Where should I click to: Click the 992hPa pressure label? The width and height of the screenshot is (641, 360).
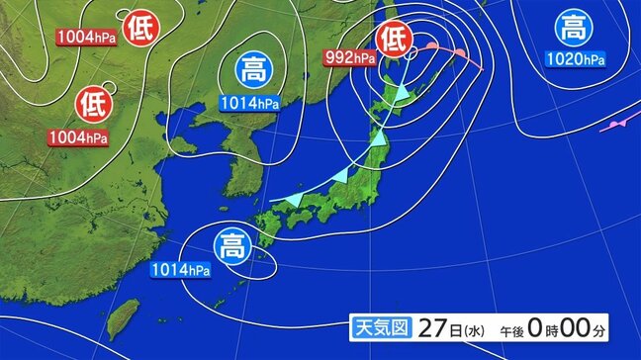350,58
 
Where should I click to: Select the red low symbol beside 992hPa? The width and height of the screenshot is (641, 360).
395,40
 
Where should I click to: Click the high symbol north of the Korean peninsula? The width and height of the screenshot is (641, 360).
251,70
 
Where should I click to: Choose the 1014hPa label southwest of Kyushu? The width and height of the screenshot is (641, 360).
181,269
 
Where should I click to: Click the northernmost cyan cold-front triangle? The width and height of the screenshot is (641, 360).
402,93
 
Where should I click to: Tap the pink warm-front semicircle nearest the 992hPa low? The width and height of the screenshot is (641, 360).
432,46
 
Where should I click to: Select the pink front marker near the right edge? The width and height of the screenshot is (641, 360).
617,126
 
